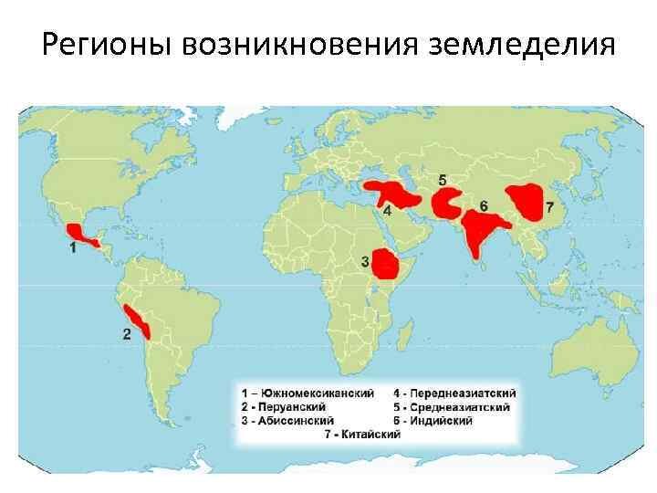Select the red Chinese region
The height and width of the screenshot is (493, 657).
click(x=526, y=203)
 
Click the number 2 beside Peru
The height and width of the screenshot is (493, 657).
click(x=126, y=334)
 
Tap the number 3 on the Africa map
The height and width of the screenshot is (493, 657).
click(x=365, y=262)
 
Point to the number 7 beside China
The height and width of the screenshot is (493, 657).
click(x=549, y=206)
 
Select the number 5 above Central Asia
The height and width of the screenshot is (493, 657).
click(x=442, y=179)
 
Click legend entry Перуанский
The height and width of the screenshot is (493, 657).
click(x=284, y=406)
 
